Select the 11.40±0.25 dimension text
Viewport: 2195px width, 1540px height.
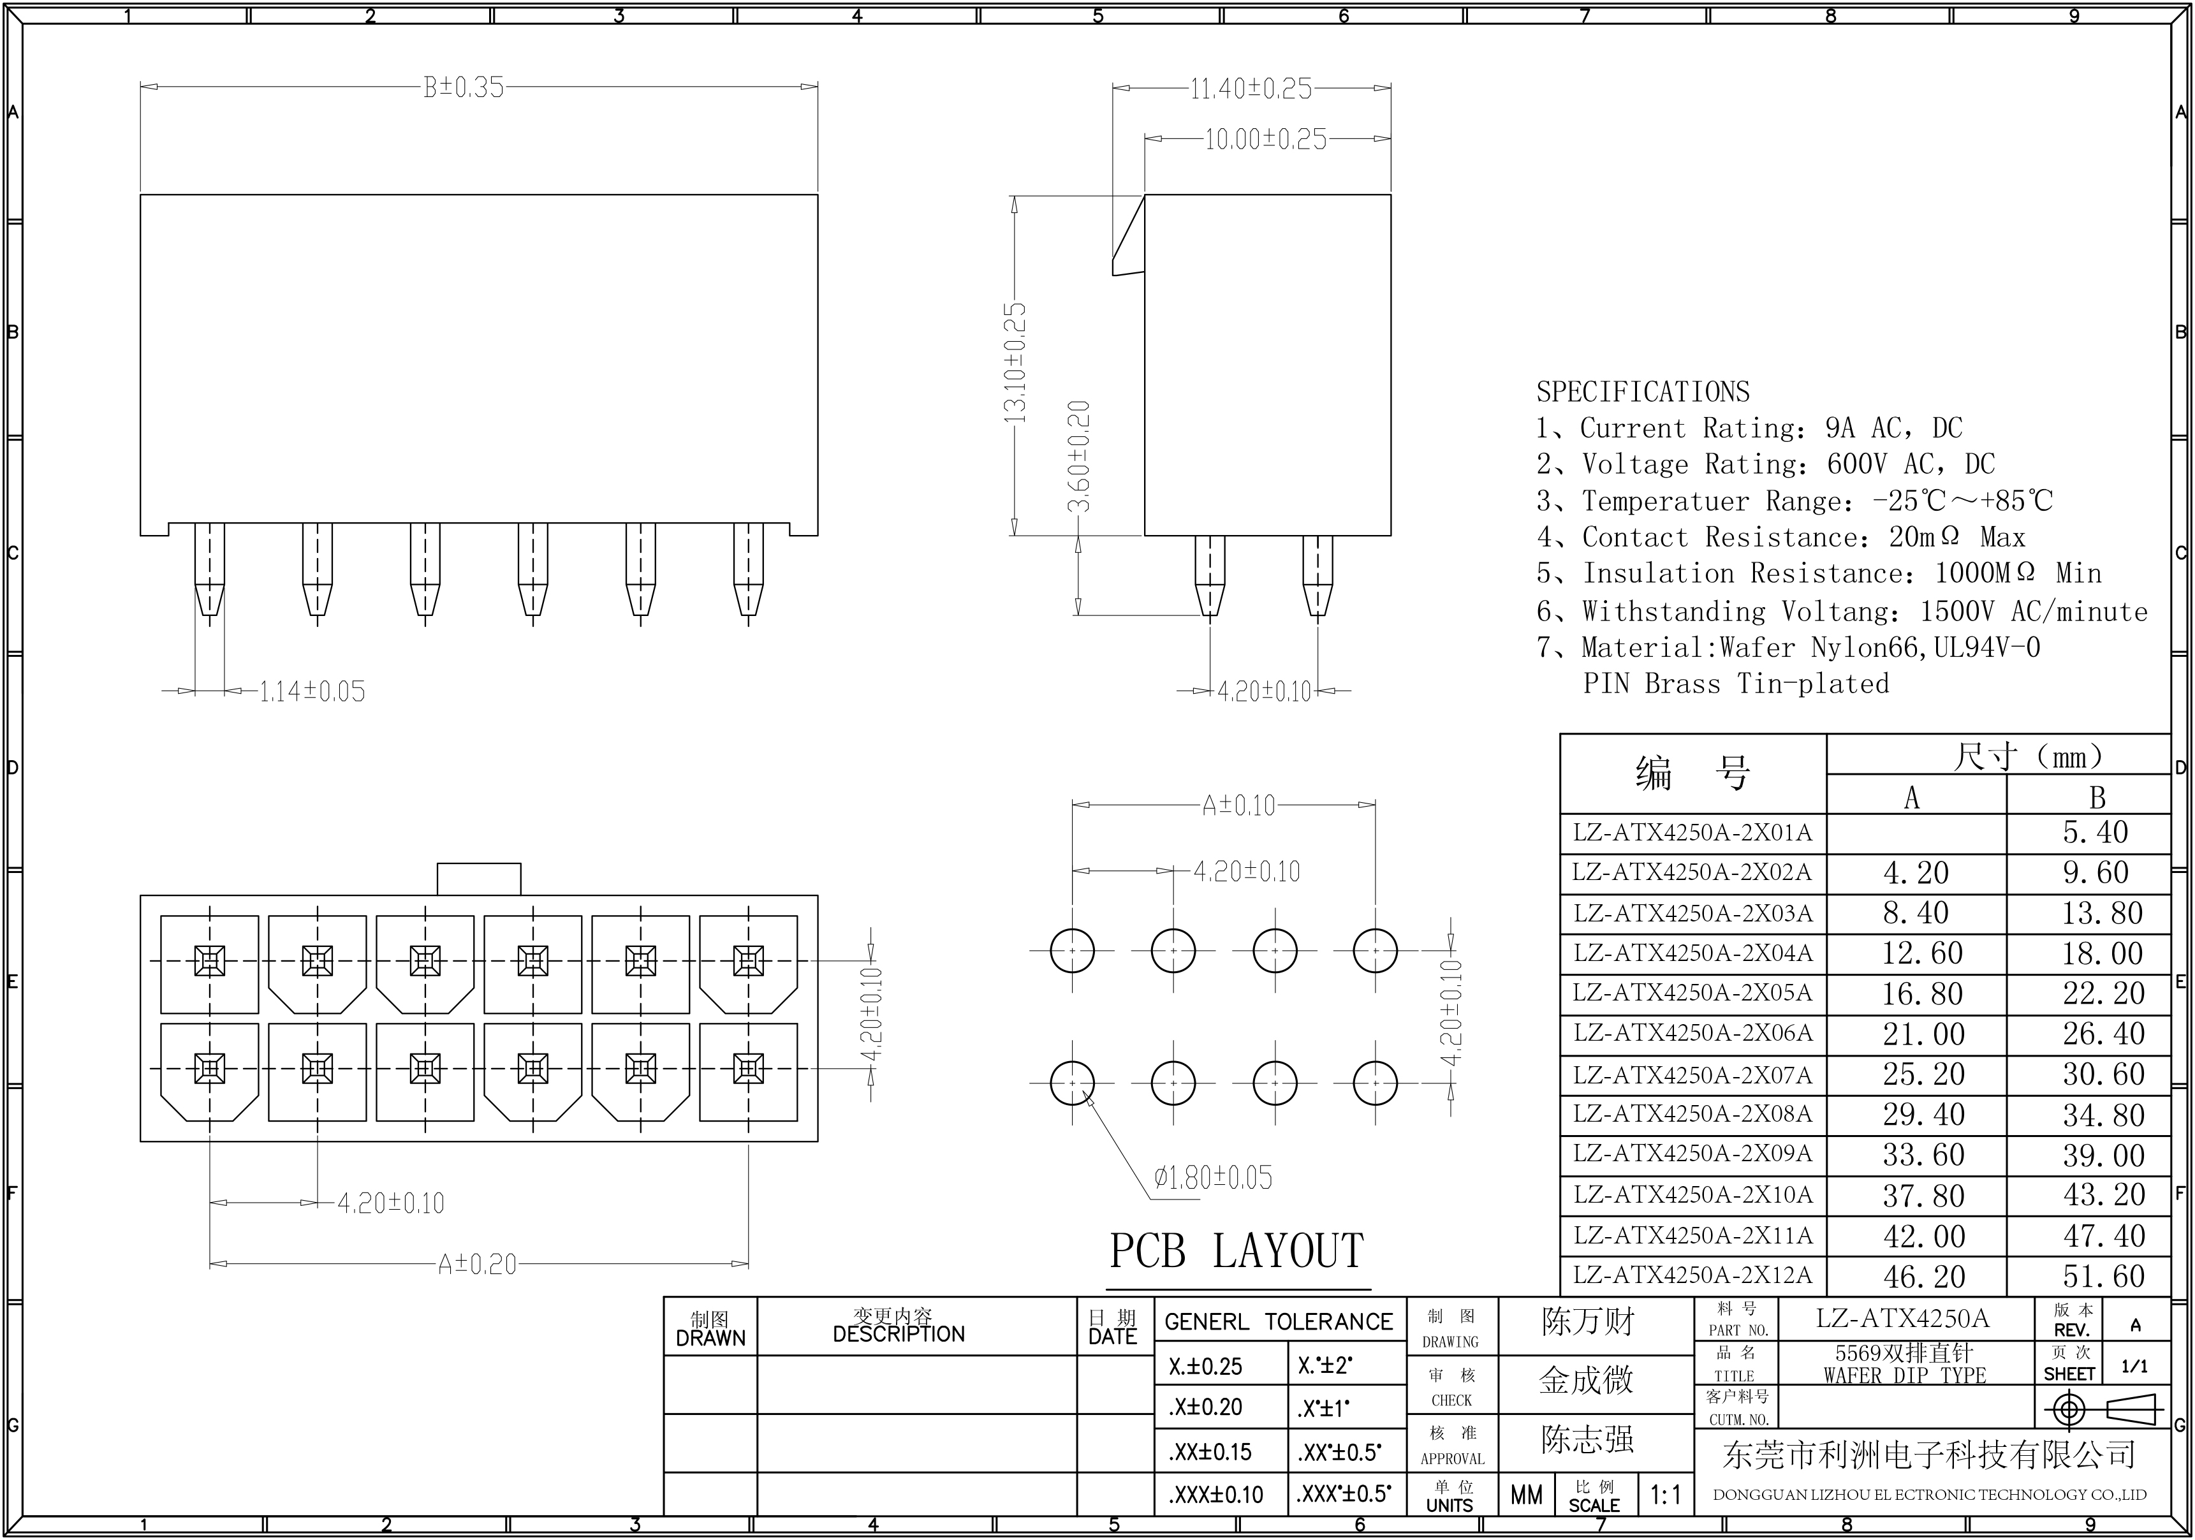[1251, 89]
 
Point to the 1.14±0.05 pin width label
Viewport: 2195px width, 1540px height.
[312, 691]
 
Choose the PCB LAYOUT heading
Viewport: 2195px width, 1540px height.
[1236, 1251]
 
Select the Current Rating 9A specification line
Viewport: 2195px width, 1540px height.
[1749, 429]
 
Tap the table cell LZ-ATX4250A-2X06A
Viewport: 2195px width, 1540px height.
[1692, 1033]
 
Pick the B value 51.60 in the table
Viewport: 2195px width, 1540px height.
[2103, 1276]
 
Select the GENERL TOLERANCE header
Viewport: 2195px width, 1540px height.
[1279, 1322]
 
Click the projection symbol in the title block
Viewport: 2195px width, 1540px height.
[2103, 1410]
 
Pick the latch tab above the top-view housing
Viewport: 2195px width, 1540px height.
[479, 879]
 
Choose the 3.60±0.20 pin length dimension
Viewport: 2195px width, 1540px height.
[1078, 456]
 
